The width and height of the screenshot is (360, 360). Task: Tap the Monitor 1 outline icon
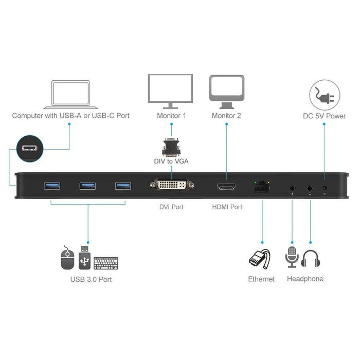point(170,90)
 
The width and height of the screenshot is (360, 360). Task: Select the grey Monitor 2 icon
point(226,90)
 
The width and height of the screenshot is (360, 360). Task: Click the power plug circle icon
point(324,96)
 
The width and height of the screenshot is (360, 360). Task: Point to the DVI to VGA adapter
point(171,146)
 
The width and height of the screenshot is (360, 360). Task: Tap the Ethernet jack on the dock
point(262,188)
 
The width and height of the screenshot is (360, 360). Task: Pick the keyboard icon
point(106,263)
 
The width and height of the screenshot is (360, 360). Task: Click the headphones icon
point(311,259)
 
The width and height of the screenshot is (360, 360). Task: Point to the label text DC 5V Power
point(324,116)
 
